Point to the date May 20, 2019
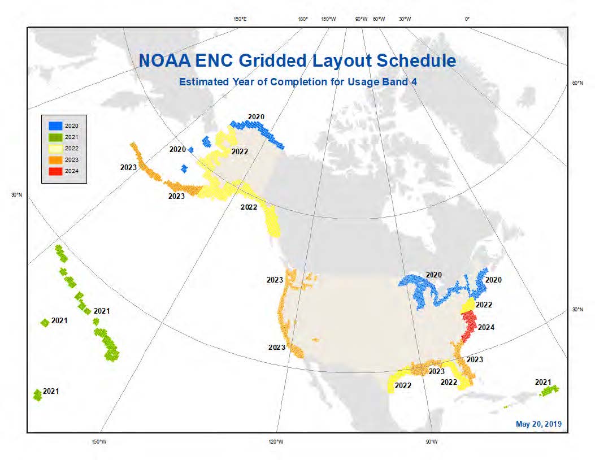pyautogui.click(x=538, y=424)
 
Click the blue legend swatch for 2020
pyautogui.click(x=55, y=125)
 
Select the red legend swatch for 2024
pyautogui.click(x=55, y=171)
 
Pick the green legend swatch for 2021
pyautogui.click(x=55, y=137)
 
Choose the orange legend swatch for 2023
pyautogui.click(x=55, y=160)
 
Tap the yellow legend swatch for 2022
pyautogui.click(x=55, y=148)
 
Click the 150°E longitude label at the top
pyautogui.click(x=240, y=19)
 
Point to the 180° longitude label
pyautogui.click(x=302, y=19)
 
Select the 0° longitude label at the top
pyautogui.click(x=467, y=19)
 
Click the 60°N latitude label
pyautogui.click(x=577, y=83)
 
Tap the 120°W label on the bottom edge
pyautogui.click(x=276, y=441)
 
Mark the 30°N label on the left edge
pyautogui.click(x=17, y=195)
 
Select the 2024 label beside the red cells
pyautogui.click(x=486, y=327)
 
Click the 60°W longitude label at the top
pyautogui.click(x=379, y=19)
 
